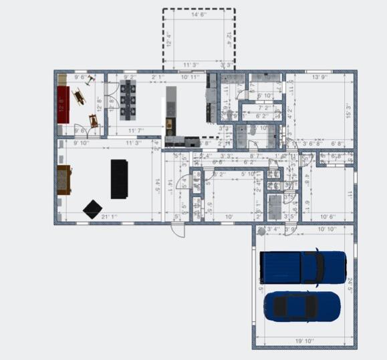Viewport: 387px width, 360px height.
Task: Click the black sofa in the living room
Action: (x=119, y=178)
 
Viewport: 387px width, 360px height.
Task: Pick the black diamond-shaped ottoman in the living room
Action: (x=92, y=208)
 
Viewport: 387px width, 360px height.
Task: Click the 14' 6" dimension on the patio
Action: (x=199, y=14)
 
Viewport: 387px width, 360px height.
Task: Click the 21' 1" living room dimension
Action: (x=110, y=216)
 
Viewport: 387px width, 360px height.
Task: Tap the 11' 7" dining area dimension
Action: (x=136, y=131)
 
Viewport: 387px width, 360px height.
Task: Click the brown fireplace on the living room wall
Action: (x=64, y=179)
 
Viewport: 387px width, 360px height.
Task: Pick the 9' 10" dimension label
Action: (x=81, y=142)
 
